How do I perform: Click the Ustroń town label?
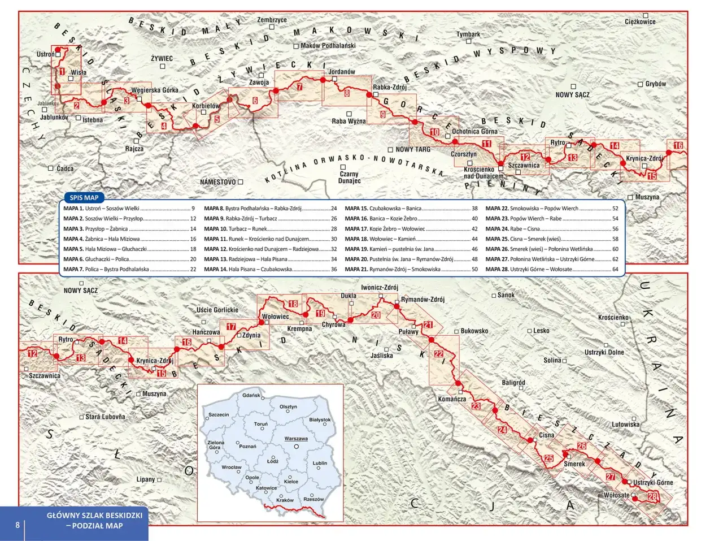[46, 54]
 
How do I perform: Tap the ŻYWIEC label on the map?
[162, 58]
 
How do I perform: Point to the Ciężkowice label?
[640, 22]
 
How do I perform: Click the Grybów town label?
[655, 84]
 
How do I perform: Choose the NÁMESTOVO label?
[218, 182]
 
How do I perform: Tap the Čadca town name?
[65, 168]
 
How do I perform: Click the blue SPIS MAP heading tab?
[84, 198]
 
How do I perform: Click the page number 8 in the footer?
[18, 525]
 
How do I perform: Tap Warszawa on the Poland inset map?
[296, 439]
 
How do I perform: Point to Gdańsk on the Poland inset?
[251, 395]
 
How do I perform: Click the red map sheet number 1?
[62, 72]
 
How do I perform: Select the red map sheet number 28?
[652, 497]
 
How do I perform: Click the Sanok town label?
[506, 295]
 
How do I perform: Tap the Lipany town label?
[146, 479]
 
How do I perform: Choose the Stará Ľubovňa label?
[105, 417]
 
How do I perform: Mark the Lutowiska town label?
[625, 424]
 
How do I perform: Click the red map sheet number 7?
[299, 87]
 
